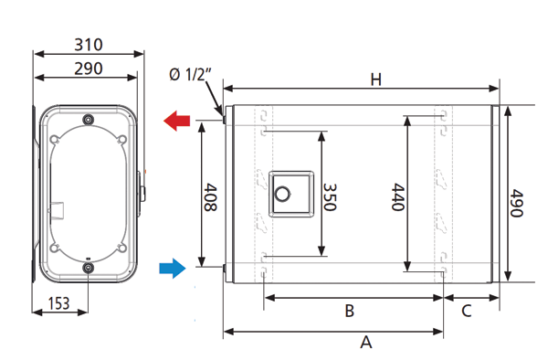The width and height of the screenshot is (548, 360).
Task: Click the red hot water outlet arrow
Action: tap(177, 121)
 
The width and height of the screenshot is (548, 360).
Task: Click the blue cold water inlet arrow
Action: tap(173, 269)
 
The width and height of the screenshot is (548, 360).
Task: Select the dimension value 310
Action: tap(89, 45)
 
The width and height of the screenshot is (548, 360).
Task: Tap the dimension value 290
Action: tap(89, 69)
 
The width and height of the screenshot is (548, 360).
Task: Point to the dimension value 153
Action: tap(58, 303)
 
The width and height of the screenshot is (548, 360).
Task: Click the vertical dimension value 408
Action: tap(210, 197)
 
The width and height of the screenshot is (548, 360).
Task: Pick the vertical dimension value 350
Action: tap(330, 197)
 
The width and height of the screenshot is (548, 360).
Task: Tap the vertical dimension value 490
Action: tap(517, 203)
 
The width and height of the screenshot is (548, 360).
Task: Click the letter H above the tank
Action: tap(376, 79)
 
